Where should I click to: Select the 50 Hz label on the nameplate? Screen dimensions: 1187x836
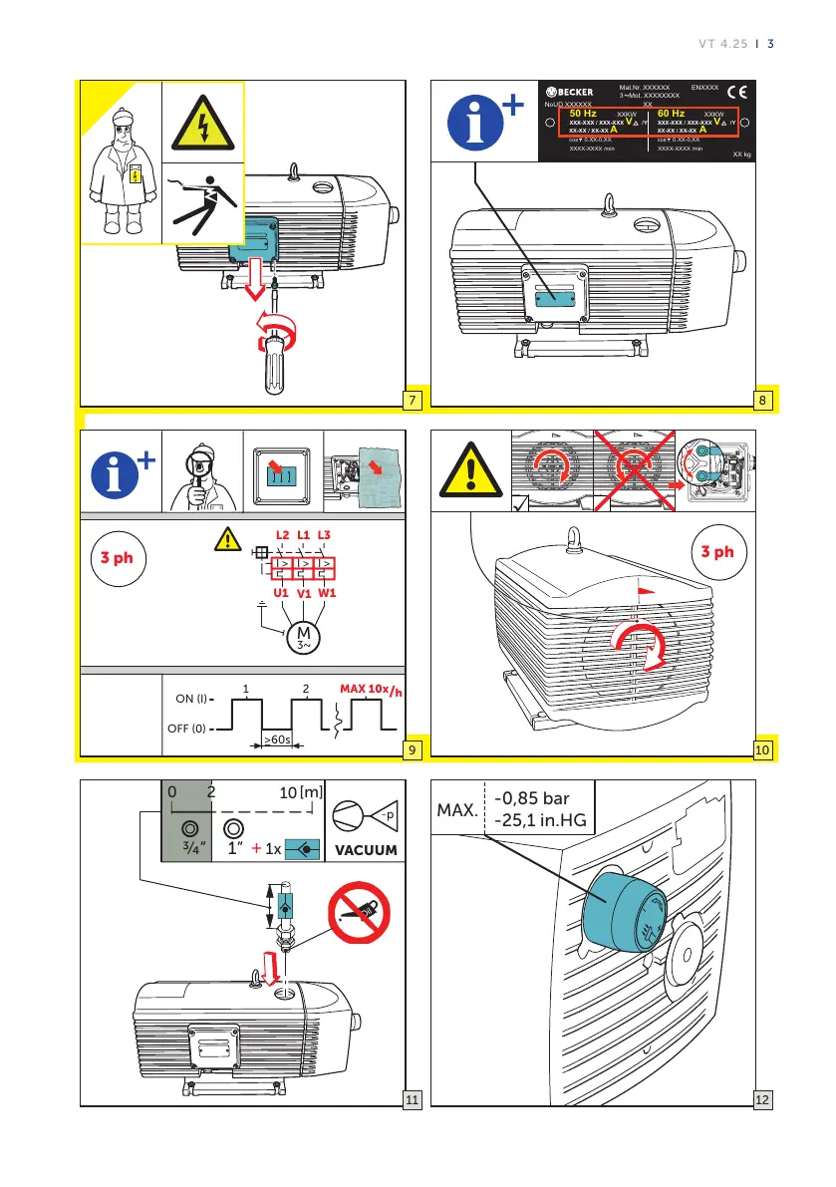coord(582,114)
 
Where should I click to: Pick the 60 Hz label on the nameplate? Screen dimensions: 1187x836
coord(678,114)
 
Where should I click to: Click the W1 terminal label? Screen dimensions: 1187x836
coord(325,592)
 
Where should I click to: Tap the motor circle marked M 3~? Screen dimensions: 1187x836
coord(302,636)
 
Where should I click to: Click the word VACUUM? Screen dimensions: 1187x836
coord(365,851)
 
